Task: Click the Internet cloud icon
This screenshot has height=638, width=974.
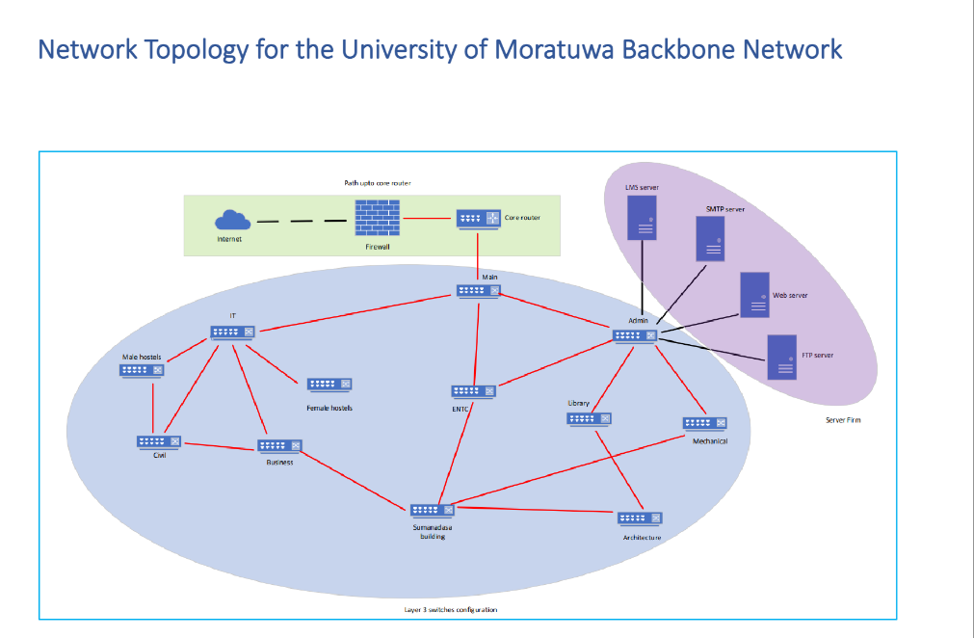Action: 229,220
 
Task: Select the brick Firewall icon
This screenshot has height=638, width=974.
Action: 377,219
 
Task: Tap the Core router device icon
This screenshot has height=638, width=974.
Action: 478,219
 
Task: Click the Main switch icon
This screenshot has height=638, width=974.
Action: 478,290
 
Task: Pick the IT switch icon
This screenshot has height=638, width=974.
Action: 233,332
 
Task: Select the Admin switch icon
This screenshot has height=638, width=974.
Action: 635,335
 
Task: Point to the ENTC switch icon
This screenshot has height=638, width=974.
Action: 473,391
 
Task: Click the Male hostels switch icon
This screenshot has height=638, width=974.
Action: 142,369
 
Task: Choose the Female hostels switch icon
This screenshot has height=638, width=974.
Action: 329,385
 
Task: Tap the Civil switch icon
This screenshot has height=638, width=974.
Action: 159,441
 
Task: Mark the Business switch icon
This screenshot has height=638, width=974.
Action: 279,446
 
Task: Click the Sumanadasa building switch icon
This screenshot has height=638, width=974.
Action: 433,510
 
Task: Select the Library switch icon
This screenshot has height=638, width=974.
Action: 589,418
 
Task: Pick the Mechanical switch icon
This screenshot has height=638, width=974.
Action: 703,423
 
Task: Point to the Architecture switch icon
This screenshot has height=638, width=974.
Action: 641,518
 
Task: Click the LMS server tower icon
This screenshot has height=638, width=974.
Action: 642,217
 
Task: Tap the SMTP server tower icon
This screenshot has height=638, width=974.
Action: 711,238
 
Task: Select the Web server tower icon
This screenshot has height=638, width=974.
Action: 754,295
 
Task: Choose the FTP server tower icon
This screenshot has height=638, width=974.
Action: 781,357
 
